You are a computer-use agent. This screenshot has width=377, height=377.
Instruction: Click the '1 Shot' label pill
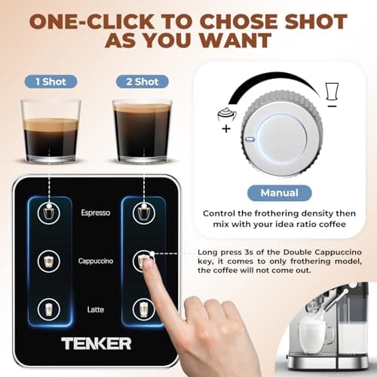click(x=49, y=81)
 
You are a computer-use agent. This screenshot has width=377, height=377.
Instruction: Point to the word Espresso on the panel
click(x=96, y=213)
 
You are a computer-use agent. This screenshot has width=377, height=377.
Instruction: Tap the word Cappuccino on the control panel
click(x=96, y=261)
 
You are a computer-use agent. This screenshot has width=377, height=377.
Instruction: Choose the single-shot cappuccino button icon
click(x=49, y=261)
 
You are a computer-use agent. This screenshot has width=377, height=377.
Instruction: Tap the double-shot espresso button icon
click(x=143, y=213)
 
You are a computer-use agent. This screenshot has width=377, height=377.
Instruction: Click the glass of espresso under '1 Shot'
click(x=51, y=130)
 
